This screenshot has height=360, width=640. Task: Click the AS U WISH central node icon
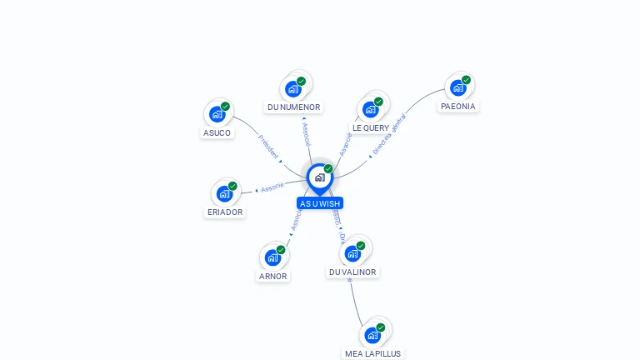[x=319, y=177]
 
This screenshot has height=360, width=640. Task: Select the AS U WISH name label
[x=320, y=203]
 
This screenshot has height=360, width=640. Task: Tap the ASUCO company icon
[x=217, y=114]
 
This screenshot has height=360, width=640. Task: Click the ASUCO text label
[x=217, y=132]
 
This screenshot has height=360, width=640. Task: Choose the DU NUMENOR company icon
[x=293, y=88]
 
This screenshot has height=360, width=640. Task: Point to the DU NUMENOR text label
[x=293, y=107]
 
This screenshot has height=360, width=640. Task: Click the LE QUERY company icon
[x=371, y=109]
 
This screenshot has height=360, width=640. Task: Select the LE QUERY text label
[x=371, y=128]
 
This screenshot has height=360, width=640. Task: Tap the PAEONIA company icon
[x=458, y=87]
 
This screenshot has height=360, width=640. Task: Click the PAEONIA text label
[x=458, y=107]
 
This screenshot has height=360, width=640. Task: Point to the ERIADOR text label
[x=225, y=212]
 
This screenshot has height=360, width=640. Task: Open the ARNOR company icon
[x=272, y=257]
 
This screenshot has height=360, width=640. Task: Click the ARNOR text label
[x=272, y=277]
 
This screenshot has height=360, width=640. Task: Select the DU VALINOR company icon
[x=353, y=253]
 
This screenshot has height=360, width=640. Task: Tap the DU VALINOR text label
[x=352, y=272]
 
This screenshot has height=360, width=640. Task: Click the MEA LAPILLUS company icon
[x=372, y=335]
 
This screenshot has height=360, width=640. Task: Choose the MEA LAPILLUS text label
[x=372, y=353]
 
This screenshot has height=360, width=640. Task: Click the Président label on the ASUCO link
[x=268, y=147]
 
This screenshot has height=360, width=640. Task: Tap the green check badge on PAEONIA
[x=466, y=80]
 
